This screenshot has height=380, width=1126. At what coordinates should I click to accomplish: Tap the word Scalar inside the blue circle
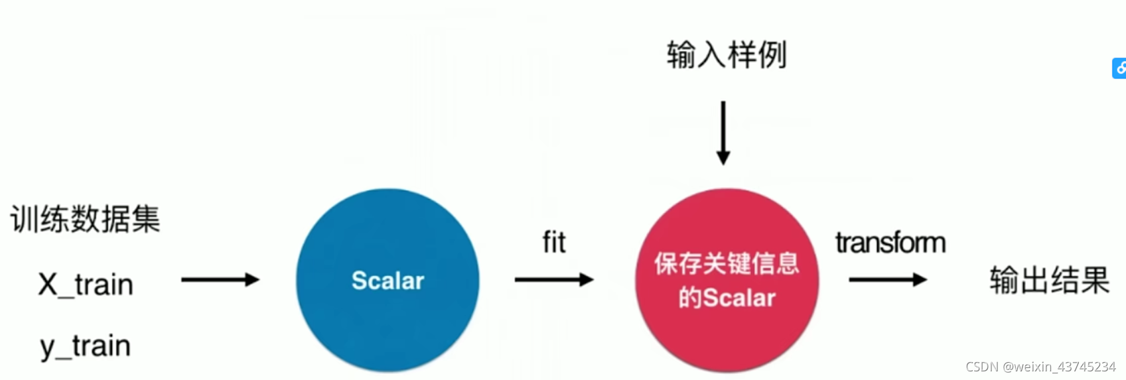coord(387,281)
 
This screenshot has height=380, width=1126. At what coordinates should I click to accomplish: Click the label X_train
coord(86,285)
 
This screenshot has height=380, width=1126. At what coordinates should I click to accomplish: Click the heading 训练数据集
coord(85,219)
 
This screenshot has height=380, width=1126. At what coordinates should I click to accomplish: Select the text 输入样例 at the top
coord(727,54)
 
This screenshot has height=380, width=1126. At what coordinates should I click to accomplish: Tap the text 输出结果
coord(1049,280)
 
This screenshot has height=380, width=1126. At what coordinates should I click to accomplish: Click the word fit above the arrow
coord(554,242)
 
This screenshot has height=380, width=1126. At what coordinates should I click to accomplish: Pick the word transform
coord(890,243)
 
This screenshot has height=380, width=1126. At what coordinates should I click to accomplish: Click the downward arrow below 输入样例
coord(723,133)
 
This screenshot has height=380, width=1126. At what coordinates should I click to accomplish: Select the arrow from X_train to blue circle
coord(220,280)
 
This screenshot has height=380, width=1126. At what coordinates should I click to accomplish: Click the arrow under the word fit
coord(553,280)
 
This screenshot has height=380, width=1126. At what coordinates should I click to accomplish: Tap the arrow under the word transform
coord(887,280)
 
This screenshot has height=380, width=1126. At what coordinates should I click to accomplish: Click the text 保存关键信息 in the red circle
coord(727,263)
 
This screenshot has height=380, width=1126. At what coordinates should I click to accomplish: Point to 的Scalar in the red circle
coord(727,298)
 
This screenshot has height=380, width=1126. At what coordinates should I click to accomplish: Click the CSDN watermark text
coord(982,367)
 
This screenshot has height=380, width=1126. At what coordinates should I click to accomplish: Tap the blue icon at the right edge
coord(1119,68)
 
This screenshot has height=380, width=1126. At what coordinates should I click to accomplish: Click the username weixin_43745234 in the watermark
coord(1065,367)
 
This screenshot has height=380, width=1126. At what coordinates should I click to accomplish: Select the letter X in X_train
coord(48,285)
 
